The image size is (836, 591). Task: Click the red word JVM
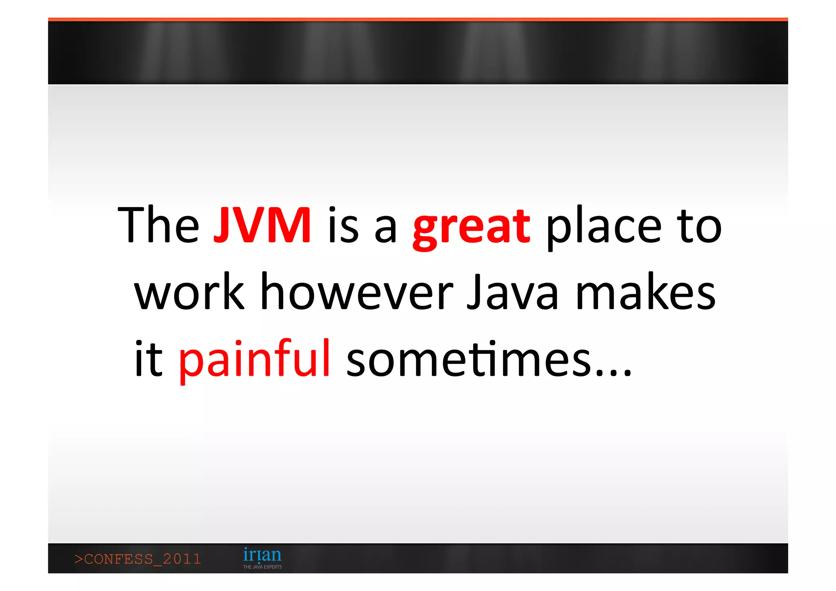tap(262, 225)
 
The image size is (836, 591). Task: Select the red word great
tap(471, 227)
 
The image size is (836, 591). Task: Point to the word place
tap(604, 227)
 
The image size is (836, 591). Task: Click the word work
tap(189, 292)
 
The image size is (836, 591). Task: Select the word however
tap(357, 292)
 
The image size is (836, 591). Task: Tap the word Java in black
tap(512, 292)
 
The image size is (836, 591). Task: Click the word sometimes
tap(469, 359)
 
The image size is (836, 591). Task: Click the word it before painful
tap(149, 359)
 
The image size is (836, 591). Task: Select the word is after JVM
tap(343, 225)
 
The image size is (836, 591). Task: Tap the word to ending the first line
tap(699, 226)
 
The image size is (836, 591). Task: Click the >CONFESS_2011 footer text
tap(138, 559)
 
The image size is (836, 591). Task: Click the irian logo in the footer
tap(262, 555)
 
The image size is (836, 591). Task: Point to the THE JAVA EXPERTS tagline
tap(262, 567)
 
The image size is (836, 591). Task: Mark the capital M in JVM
tap(291, 225)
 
